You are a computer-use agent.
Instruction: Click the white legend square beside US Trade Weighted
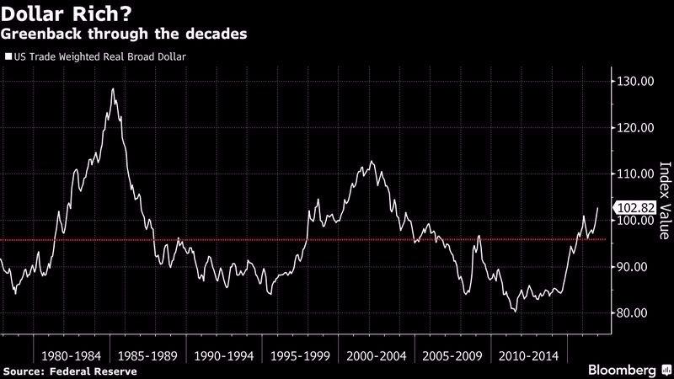click(8, 58)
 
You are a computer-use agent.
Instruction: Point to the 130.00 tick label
click(634, 82)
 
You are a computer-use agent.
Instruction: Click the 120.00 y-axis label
click(634, 128)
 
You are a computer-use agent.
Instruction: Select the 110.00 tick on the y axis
click(634, 174)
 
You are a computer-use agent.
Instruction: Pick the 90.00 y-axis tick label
click(634, 267)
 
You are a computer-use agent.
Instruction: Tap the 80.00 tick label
click(634, 313)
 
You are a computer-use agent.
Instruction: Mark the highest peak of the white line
click(113, 89)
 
